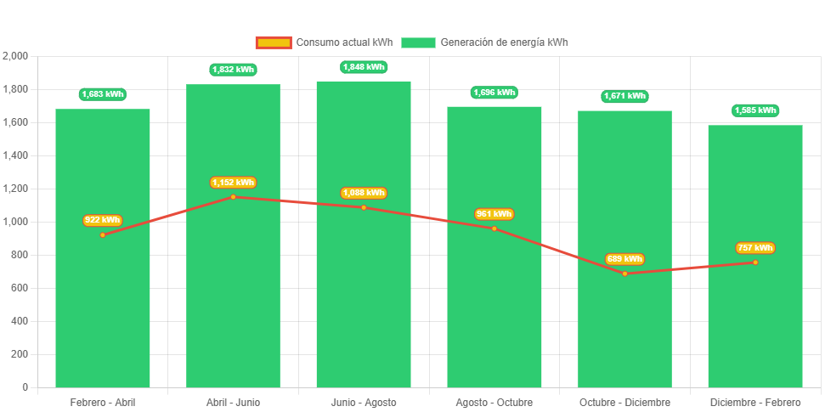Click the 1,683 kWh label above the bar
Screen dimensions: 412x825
103,94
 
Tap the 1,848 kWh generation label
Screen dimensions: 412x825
364,67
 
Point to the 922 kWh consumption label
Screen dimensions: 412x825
103,221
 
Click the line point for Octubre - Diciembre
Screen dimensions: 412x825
624,274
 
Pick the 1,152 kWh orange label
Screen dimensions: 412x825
233,183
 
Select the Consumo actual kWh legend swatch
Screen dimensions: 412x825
273,42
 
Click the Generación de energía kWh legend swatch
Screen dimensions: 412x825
418,42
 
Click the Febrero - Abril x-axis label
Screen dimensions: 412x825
103,402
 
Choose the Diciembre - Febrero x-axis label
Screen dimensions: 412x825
755,402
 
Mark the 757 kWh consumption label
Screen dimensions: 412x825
755,248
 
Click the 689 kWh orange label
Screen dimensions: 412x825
624,259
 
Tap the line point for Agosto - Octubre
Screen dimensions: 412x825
494,229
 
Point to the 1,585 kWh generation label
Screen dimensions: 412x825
755,110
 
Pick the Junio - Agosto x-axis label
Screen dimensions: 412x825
364,402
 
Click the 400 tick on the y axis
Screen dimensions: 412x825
20,321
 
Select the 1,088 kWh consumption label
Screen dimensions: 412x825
364,194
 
